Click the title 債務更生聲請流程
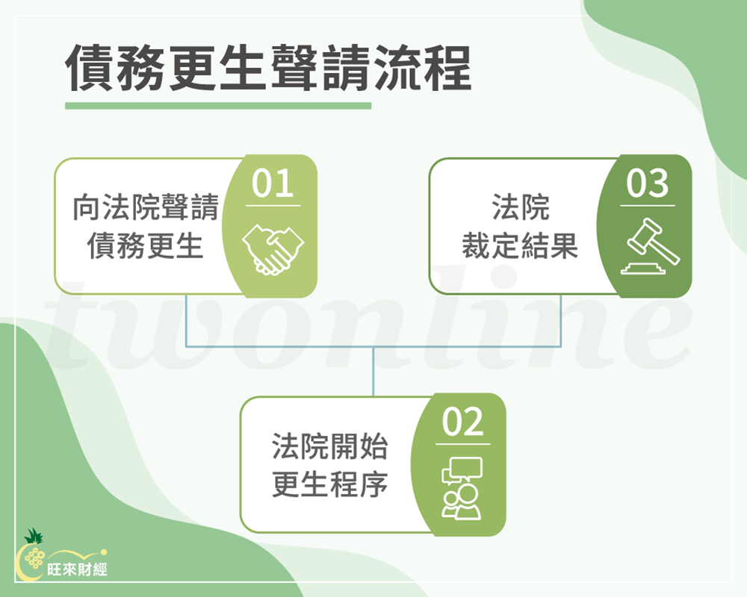[x=269, y=70]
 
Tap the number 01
[x=273, y=184]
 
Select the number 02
[x=462, y=423]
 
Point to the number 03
[x=647, y=184]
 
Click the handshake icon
[x=273, y=248]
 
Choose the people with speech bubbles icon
[x=462, y=488]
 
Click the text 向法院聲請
[x=146, y=208]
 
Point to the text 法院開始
[x=329, y=448]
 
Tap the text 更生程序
[x=329, y=484]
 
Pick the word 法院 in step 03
[x=520, y=208]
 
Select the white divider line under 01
[x=273, y=206]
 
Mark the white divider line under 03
[x=647, y=206]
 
